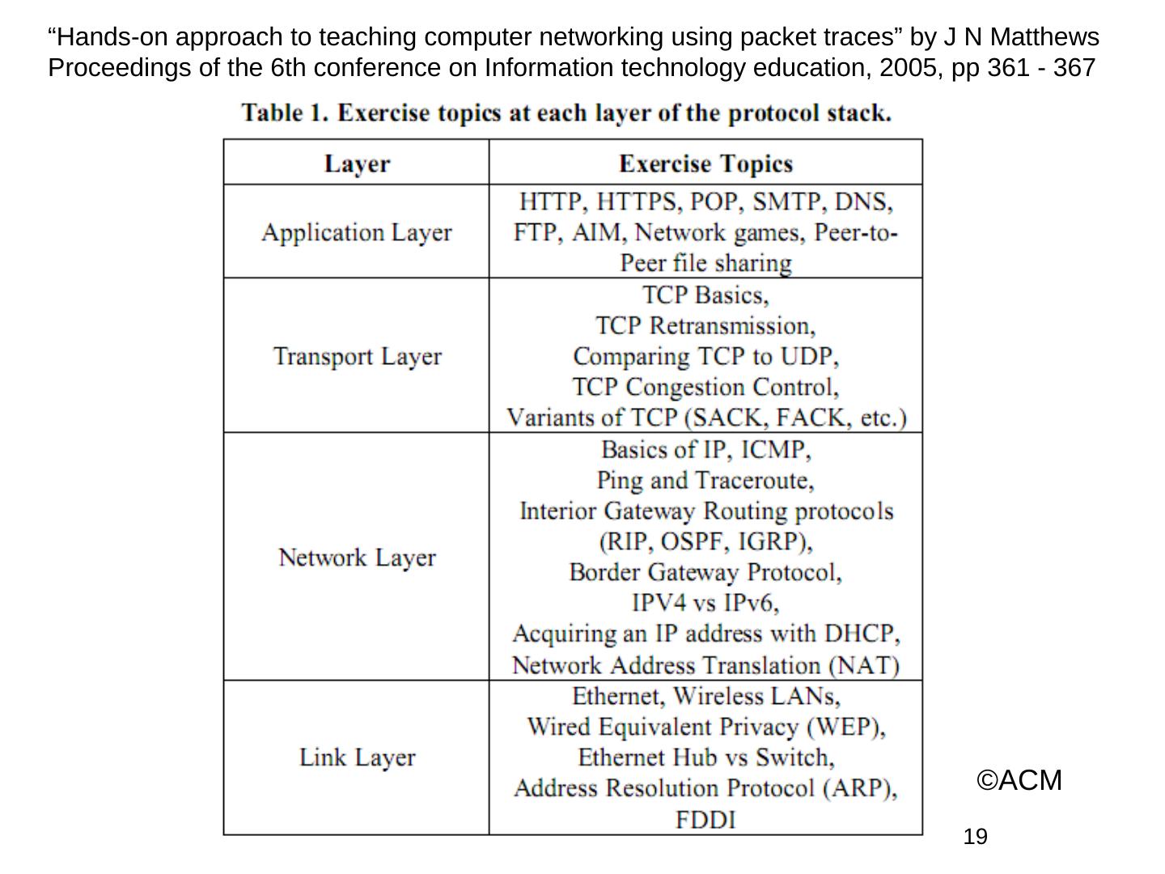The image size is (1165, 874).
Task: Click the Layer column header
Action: point(357,163)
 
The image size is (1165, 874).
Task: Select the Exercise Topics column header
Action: point(705,163)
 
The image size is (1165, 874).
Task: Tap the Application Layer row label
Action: point(357,233)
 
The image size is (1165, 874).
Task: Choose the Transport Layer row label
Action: point(357,356)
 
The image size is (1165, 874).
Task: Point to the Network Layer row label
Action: point(357,558)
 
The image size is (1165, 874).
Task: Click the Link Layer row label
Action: point(357,757)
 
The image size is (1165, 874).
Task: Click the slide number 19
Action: point(976,837)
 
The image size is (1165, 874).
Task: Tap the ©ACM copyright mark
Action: point(1019,781)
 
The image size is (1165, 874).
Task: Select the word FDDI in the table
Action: point(705,820)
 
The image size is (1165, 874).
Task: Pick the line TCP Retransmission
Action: point(705,326)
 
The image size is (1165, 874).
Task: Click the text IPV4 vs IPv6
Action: point(705,604)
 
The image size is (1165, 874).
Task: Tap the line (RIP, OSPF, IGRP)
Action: point(705,541)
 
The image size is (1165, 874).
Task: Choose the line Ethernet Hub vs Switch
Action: point(705,757)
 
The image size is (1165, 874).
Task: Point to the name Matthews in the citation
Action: point(1044,37)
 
